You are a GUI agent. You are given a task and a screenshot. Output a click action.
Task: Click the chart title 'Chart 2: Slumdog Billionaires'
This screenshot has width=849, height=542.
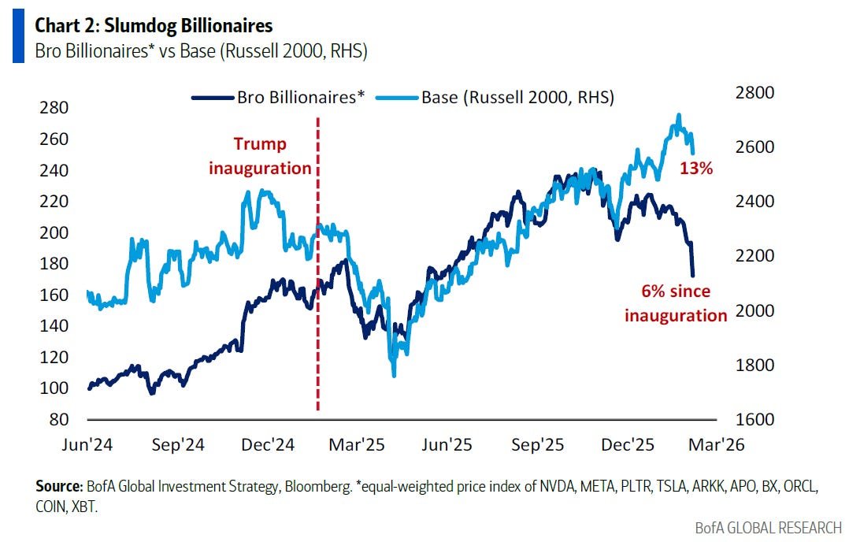pos(154,26)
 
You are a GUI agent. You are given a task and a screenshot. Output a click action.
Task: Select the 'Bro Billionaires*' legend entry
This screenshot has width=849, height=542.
pos(302,98)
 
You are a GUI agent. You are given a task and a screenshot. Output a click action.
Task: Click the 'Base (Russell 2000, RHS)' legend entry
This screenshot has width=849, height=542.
pos(517,98)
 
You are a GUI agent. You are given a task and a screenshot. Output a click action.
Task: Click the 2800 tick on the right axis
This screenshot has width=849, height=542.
pos(755,93)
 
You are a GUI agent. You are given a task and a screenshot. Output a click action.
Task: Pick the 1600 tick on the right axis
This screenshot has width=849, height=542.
pos(755,420)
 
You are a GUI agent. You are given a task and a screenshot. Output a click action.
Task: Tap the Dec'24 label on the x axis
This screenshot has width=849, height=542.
pos(268,445)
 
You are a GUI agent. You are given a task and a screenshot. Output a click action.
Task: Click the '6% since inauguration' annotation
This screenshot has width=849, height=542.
pos(676,303)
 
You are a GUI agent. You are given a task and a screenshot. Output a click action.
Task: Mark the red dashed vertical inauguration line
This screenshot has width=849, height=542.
pos(317,315)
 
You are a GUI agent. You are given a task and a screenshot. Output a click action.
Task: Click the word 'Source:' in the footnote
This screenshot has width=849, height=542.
pos(58,485)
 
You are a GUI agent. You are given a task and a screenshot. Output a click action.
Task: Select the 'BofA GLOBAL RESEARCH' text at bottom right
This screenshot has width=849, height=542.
pos(768,527)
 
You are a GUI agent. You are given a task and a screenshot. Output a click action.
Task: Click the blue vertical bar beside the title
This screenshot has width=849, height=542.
pos(17,38)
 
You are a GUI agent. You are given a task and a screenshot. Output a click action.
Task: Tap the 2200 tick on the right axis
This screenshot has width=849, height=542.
pos(755,256)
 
